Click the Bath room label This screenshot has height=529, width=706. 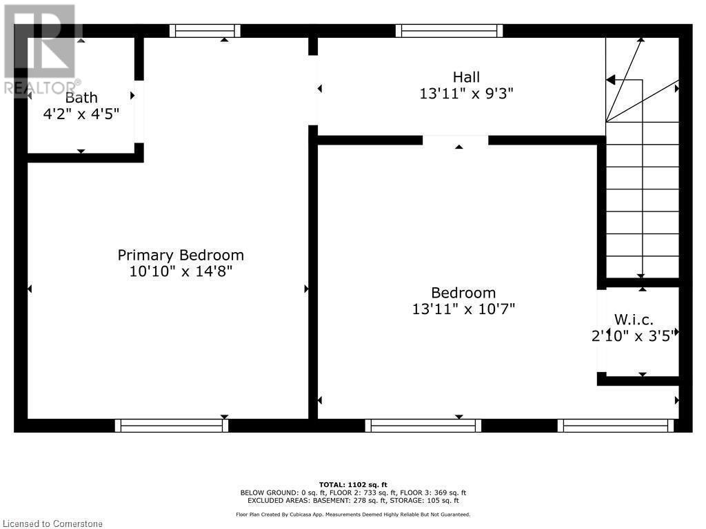(x=81, y=98)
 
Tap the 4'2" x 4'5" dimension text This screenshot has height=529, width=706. (x=81, y=114)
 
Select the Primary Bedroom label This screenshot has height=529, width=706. (x=181, y=255)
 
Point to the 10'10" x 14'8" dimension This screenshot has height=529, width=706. (x=181, y=271)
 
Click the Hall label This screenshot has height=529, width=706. (x=467, y=77)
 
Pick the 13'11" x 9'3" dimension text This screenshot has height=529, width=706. (x=467, y=94)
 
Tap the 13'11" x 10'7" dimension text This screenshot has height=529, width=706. (x=463, y=309)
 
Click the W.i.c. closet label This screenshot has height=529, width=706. (x=634, y=320)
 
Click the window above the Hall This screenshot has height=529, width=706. (x=449, y=31)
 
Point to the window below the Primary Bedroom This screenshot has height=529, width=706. (x=172, y=426)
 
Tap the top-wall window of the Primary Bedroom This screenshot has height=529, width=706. (x=205, y=31)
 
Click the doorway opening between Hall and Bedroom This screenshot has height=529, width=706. (x=455, y=140)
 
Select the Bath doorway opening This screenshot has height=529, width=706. (x=139, y=112)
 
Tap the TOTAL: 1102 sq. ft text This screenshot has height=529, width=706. (x=353, y=485)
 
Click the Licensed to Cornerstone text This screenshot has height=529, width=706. (x=52, y=523)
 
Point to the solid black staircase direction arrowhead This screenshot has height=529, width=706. (x=609, y=80)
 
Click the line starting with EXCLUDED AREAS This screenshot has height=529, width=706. (x=353, y=500)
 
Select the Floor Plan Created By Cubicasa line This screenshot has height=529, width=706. (x=353, y=515)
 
